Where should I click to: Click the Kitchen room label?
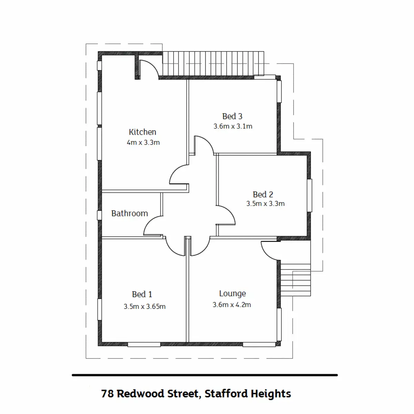[142, 132]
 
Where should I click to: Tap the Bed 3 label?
[232, 116]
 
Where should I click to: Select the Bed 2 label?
[263, 194]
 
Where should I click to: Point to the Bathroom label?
[129, 213]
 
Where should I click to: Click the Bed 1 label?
[142, 294]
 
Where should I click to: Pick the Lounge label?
[232, 294]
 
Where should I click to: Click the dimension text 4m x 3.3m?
[143, 142]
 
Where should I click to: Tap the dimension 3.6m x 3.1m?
[233, 126]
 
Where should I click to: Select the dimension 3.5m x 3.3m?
[265, 204]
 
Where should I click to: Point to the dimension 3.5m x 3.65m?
[145, 306]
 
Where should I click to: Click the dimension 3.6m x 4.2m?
[231, 305]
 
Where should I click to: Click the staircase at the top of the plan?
[213, 63]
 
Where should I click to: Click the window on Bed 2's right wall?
[309, 195]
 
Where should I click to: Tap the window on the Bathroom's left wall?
[99, 215]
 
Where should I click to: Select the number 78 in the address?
[107, 394]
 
